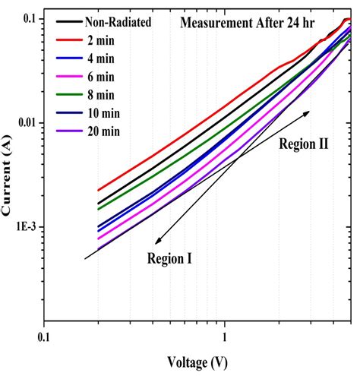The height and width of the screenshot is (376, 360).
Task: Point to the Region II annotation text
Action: [x=303, y=143]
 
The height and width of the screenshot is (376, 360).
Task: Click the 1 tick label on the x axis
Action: [x=224, y=333]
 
